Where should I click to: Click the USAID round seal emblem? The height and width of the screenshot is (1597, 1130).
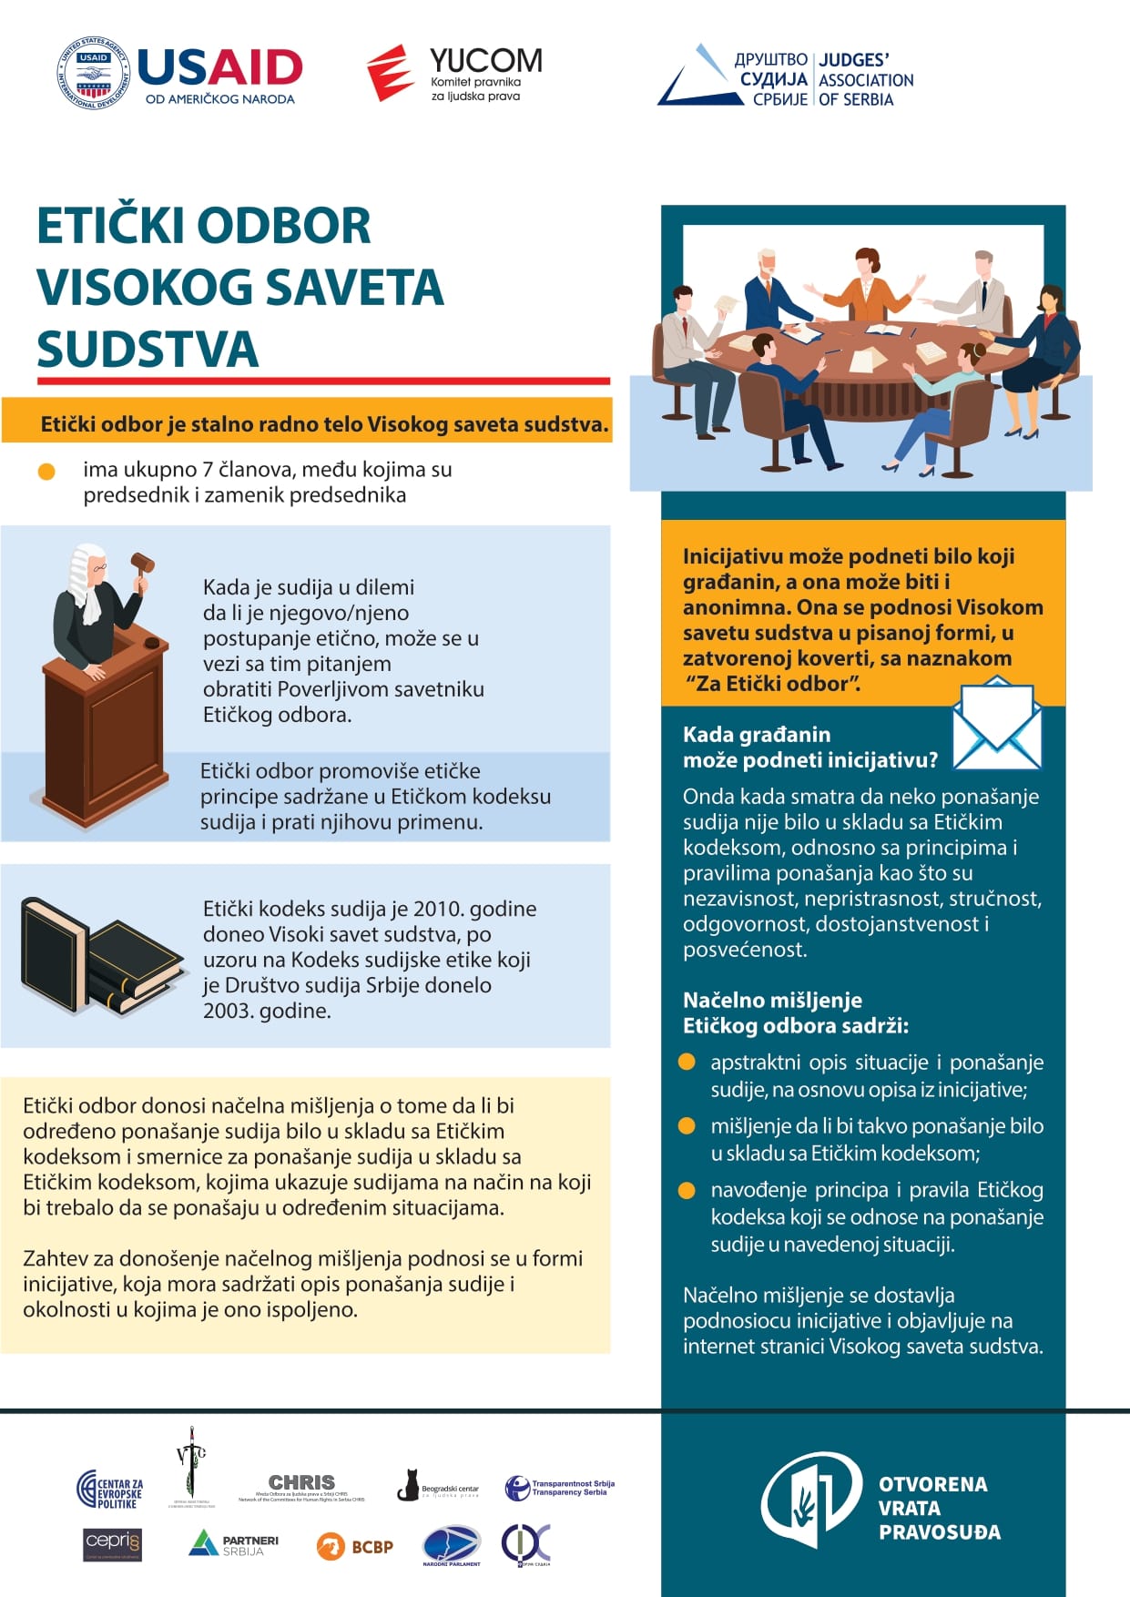pyautogui.click(x=94, y=74)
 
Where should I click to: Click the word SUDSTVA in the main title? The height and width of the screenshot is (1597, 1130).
pyautogui.click(x=148, y=350)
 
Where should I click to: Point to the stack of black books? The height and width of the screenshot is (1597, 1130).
pyautogui.click(x=100, y=956)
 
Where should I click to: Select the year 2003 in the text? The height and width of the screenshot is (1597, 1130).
pyautogui.click(x=229, y=1011)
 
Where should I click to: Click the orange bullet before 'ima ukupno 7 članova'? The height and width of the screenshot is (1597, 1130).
pyautogui.click(x=46, y=472)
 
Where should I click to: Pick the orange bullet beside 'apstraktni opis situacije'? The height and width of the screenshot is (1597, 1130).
pyautogui.click(x=687, y=1063)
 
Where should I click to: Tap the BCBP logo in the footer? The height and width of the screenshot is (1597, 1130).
pyautogui.click(x=355, y=1546)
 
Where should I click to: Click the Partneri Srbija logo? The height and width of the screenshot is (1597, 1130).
pyautogui.click(x=233, y=1544)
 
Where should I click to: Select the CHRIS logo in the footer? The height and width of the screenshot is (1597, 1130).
pyautogui.click(x=301, y=1485)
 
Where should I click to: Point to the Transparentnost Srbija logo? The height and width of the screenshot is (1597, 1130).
pyautogui.click(x=560, y=1488)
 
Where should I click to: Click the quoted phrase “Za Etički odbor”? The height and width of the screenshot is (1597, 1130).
pyautogui.click(x=773, y=684)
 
